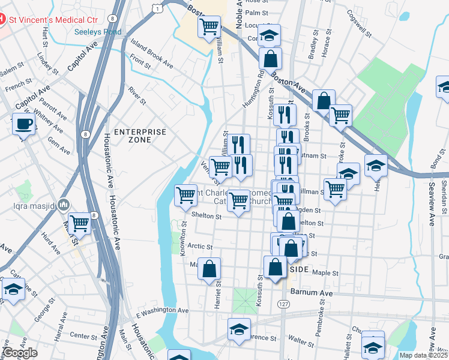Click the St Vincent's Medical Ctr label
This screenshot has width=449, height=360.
[52, 19]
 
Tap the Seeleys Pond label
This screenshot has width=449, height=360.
[98, 32]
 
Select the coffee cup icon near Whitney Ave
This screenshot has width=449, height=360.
[23, 124]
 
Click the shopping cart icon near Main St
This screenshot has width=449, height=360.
[79, 224]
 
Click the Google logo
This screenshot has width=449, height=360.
[20, 353]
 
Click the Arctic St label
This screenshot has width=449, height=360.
[200, 246]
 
